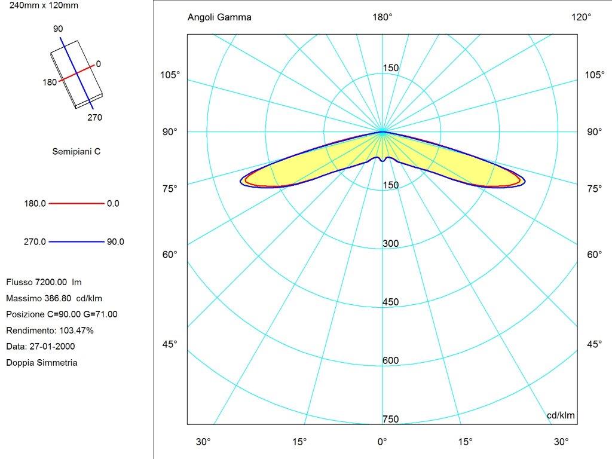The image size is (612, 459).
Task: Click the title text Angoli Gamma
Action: (x=219, y=17)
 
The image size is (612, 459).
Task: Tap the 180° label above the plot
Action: (x=382, y=17)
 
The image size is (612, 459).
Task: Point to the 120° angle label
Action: (x=581, y=17)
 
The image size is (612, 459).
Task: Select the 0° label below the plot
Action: (x=382, y=442)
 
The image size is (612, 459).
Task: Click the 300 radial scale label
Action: (x=390, y=244)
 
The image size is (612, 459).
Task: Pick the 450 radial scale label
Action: (x=390, y=302)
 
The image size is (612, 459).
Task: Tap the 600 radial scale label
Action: (x=390, y=361)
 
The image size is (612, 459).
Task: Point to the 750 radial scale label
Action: (x=390, y=420)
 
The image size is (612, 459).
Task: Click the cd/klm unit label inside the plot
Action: (x=561, y=415)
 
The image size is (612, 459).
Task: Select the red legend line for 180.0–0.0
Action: (x=76, y=204)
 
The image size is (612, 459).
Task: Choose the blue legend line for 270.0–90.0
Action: (x=76, y=242)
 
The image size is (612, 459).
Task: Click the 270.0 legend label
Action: (x=35, y=242)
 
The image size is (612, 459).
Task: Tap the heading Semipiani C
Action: (x=76, y=152)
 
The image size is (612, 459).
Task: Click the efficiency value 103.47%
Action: (x=76, y=331)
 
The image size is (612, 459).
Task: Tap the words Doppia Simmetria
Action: (x=41, y=363)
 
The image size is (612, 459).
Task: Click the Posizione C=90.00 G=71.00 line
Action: (x=62, y=314)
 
